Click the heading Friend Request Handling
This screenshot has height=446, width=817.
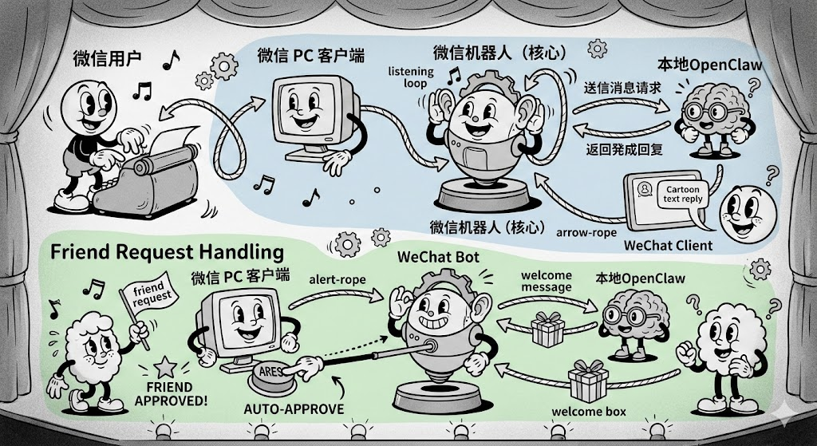click(x=167, y=252)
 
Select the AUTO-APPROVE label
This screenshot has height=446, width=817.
click(x=293, y=409)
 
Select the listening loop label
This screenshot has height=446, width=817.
click(x=410, y=77)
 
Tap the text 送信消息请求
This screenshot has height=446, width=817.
click(x=622, y=89)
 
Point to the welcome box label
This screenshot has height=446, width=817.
click(x=589, y=412)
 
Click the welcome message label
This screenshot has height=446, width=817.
click(x=547, y=282)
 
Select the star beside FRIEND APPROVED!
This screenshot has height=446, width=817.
click(x=167, y=368)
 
